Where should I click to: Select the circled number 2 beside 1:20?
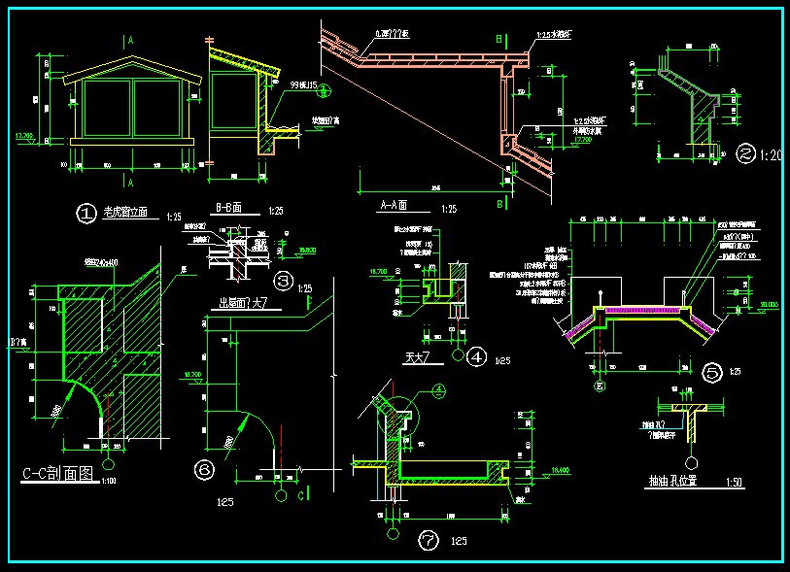click(x=746, y=153)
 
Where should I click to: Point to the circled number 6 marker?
click(x=205, y=469)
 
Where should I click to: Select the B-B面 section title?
click(x=229, y=207)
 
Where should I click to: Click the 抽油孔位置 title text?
click(x=678, y=481)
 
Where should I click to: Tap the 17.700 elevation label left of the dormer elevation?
click(x=24, y=136)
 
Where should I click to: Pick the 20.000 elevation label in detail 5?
click(x=770, y=304)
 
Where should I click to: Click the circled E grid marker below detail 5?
click(x=600, y=387)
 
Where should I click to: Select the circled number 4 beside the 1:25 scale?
click(x=477, y=357)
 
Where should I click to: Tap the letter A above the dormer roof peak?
click(x=131, y=41)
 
